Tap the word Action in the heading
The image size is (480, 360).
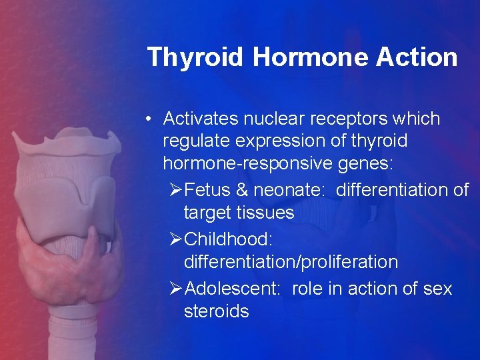[417, 57]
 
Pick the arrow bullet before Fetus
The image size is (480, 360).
[176, 190]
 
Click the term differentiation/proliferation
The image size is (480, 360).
[291, 262]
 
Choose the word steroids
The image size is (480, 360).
[216, 311]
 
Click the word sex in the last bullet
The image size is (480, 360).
[437, 289]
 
